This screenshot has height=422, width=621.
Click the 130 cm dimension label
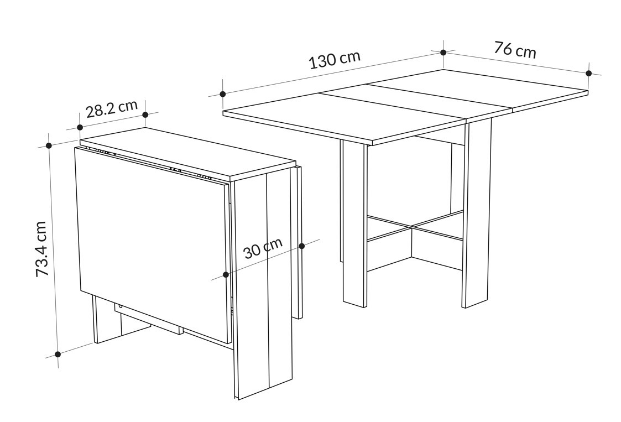335,59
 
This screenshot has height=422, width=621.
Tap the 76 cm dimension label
515,50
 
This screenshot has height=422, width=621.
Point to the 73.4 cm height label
41,249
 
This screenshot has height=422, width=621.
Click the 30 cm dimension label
263,248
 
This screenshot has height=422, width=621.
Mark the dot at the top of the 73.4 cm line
49,145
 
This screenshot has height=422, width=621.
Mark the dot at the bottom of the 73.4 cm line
58,354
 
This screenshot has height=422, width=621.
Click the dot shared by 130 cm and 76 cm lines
443,53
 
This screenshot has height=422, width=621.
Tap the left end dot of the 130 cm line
223,94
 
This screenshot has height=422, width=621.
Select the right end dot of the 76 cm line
589,74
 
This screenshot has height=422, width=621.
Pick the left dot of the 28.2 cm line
80,127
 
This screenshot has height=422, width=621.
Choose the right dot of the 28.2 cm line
145,114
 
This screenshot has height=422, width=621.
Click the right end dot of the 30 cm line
302,246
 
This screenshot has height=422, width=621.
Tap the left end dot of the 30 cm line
226,274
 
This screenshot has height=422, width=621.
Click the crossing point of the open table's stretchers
411,227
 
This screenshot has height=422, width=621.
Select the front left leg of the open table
355,224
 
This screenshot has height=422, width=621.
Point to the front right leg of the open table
477,214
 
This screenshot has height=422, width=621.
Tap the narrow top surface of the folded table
188,153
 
